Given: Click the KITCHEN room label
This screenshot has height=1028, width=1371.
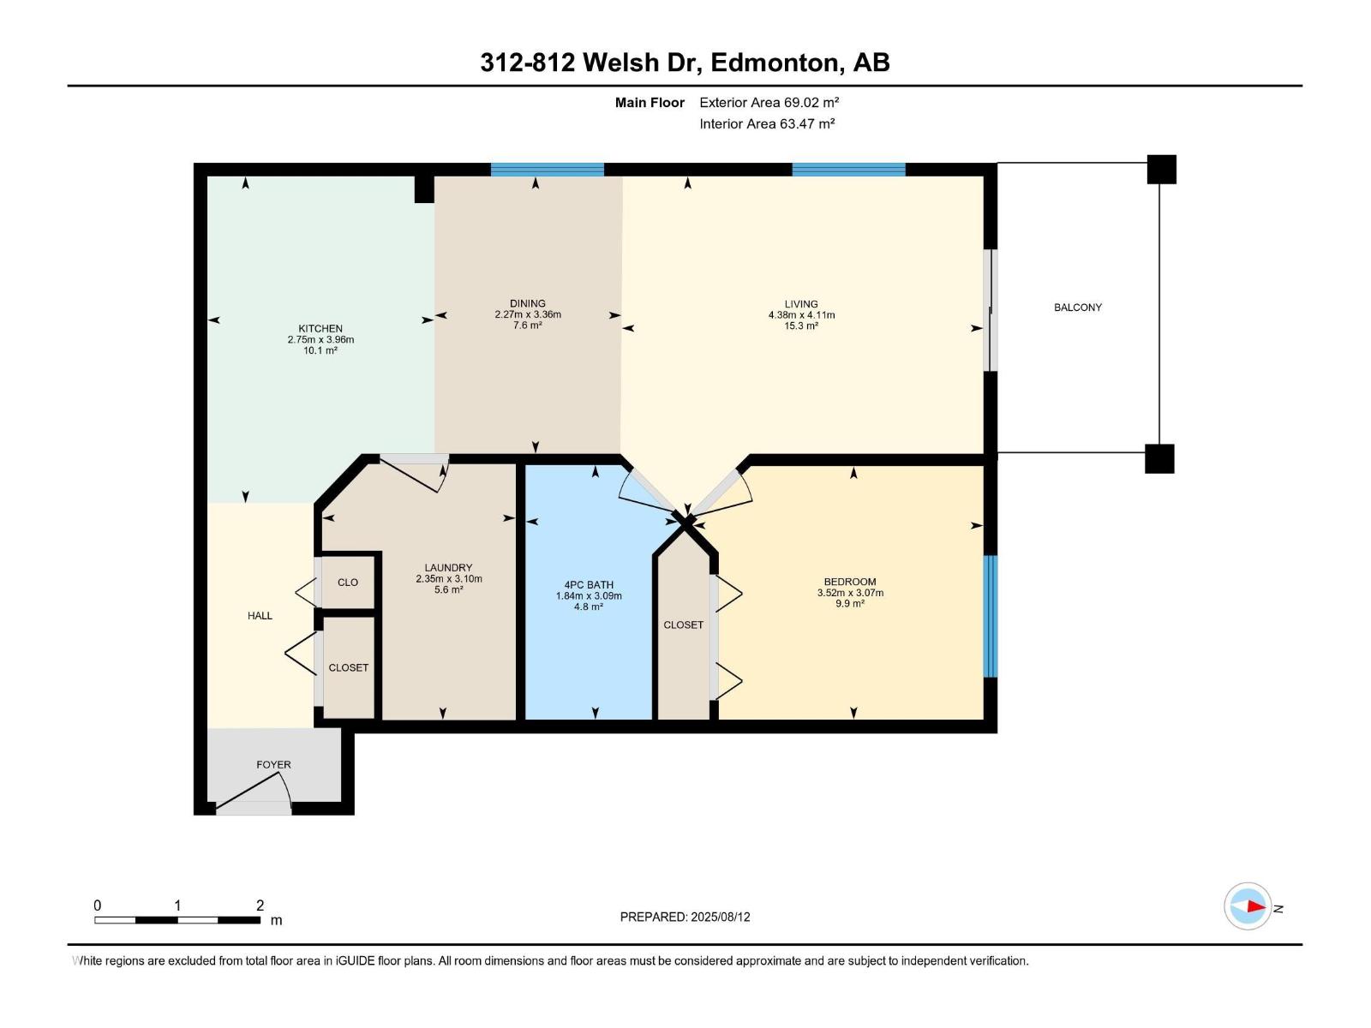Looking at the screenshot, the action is tap(320, 328).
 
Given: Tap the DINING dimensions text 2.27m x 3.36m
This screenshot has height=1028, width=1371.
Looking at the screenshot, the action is tap(528, 314).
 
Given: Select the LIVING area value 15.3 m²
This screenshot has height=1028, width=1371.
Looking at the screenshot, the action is tap(801, 326).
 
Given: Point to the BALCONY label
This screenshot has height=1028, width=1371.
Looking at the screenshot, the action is tap(1078, 307).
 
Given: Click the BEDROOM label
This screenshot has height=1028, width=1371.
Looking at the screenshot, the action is tap(850, 582).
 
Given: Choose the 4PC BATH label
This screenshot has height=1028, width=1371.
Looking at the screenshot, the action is tap(589, 585).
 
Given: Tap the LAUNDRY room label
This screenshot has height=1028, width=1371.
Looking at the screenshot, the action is tap(448, 568).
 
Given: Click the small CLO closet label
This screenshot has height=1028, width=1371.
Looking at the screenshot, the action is tap(348, 583).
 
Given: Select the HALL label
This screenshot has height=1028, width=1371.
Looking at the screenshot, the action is tap(260, 616).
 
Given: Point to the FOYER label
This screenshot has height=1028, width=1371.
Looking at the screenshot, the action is tap(273, 765).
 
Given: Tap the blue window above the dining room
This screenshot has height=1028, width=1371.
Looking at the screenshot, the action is tap(548, 169).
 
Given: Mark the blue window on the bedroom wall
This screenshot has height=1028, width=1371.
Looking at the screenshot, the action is tap(991, 616).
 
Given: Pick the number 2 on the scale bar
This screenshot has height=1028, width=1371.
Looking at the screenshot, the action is tap(260, 905).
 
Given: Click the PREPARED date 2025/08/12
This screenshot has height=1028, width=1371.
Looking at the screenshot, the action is tap(720, 917).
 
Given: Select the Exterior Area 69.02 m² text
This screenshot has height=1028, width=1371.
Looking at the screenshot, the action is tap(769, 102).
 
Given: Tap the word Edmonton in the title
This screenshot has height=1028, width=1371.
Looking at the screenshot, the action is tap(775, 63).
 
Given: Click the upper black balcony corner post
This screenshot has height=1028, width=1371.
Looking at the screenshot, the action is tap(1162, 169).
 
